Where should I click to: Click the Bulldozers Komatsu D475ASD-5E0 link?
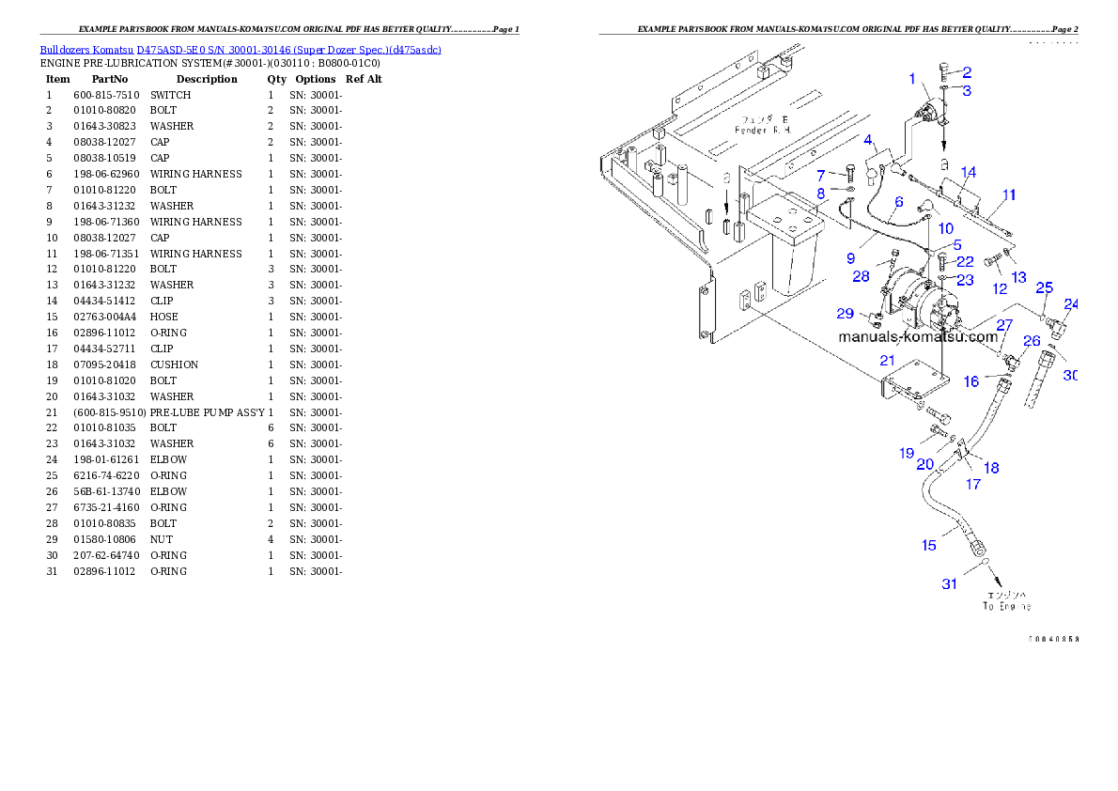point(241,50)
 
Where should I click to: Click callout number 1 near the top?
point(912,79)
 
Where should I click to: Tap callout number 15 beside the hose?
point(928,545)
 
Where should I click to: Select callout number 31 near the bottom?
point(950,584)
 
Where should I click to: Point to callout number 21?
point(887,361)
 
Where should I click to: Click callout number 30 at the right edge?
point(1070,375)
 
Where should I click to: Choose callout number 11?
point(1009,194)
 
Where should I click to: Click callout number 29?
point(846,313)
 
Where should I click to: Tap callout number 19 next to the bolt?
point(906,453)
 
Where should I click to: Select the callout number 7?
point(820,176)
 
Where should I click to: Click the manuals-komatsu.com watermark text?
point(918,336)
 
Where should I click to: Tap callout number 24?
point(1071,303)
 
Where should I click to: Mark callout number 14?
point(968,172)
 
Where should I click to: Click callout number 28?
point(862,276)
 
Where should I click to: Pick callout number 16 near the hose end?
point(971,381)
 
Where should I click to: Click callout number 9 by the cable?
point(850,256)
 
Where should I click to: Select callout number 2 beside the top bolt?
point(966,71)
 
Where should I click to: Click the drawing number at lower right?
point(1052,639)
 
